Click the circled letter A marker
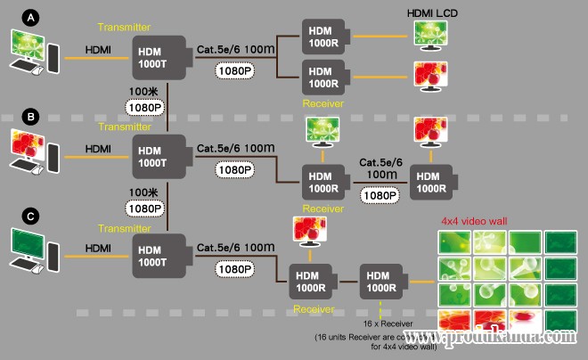(x=33, y=17)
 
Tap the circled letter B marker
(x=33, y=117)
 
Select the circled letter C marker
(x=33, y=215)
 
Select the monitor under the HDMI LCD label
(x=433, y=35)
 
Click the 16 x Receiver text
(x=384, y=326)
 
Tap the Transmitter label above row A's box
(x=161, y=28)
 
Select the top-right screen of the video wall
(x=559, y=243)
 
